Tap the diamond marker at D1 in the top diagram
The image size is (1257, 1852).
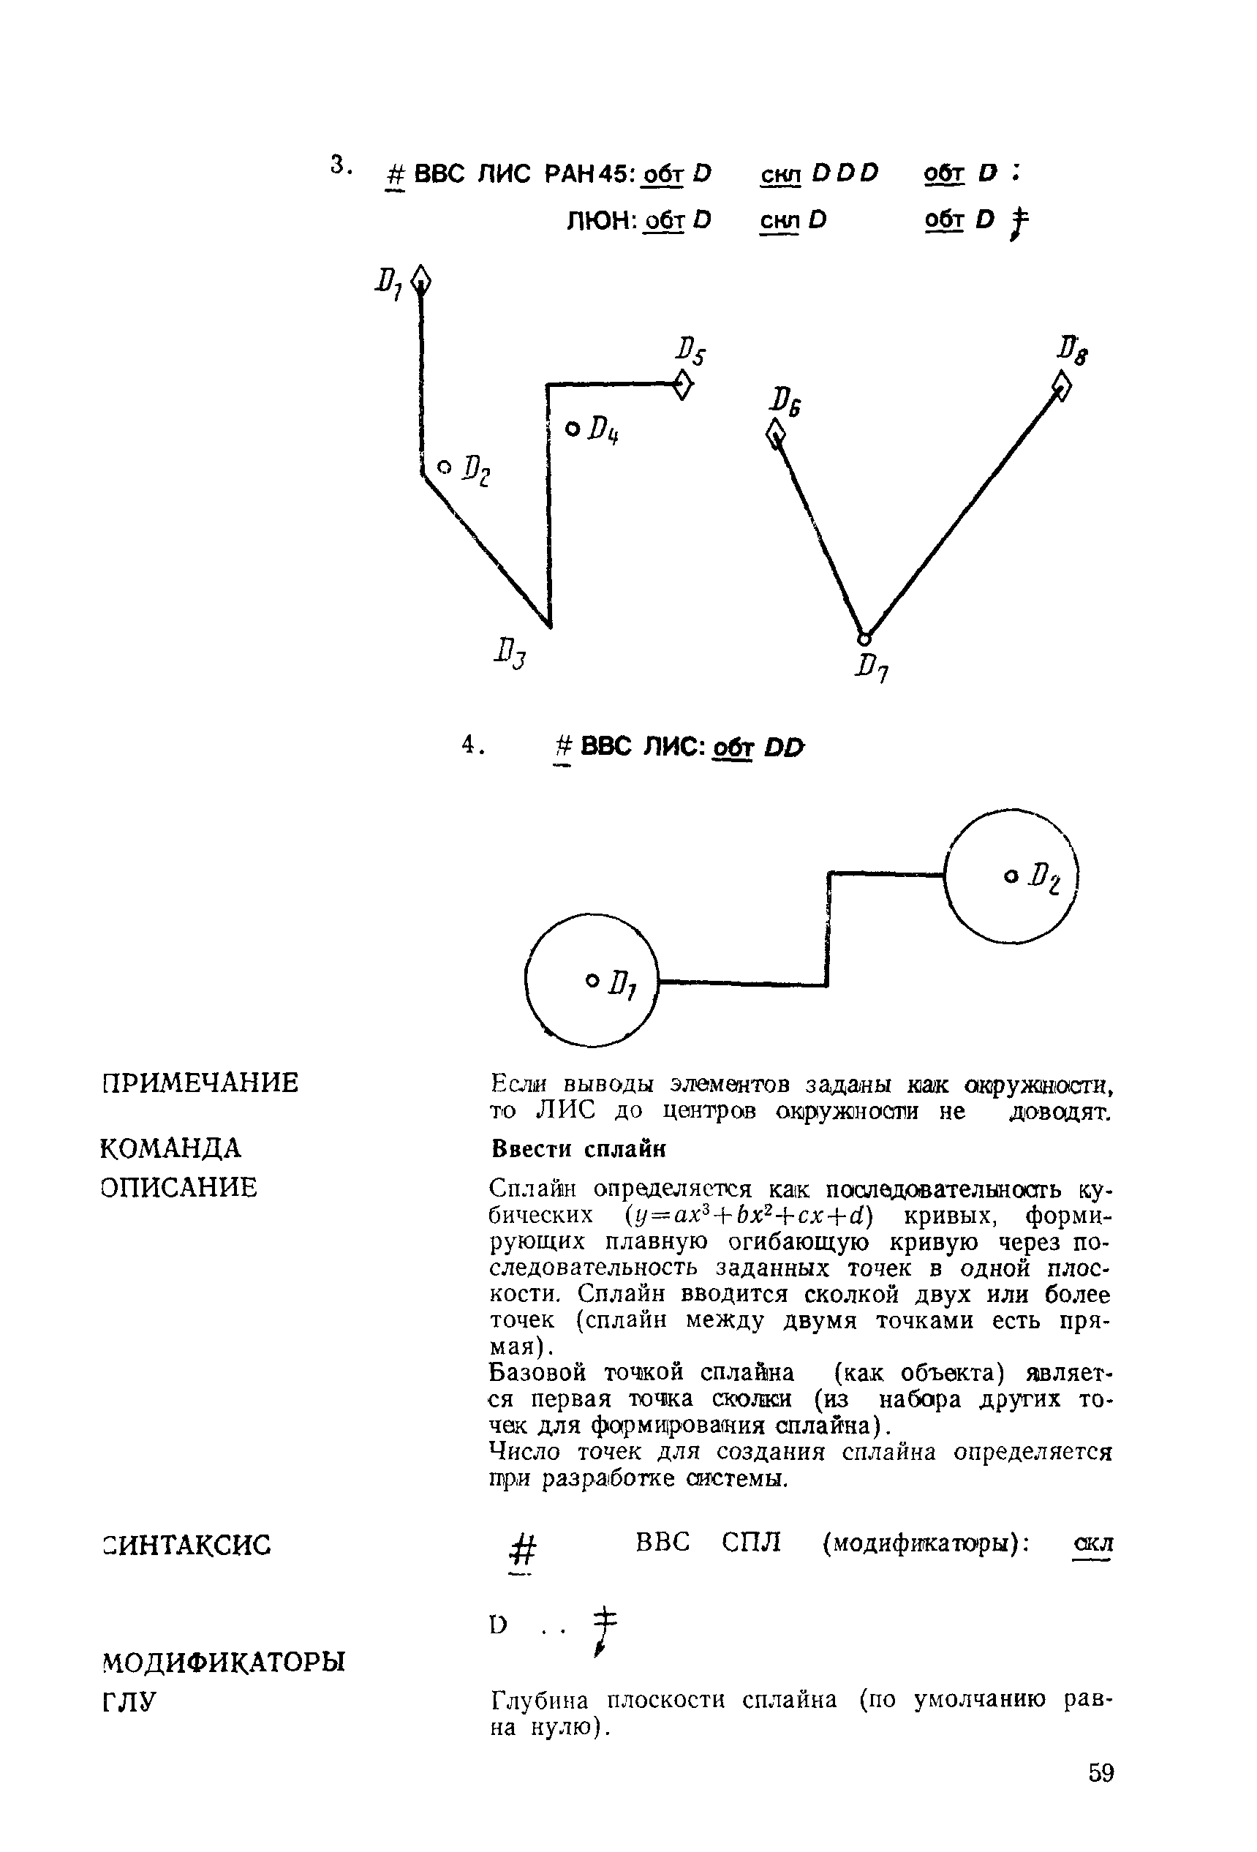coord(421,281)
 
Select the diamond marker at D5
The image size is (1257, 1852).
coord(683,385)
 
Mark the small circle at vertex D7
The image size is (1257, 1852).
coord(864,638)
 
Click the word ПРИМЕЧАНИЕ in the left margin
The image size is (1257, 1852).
coord(201,1083)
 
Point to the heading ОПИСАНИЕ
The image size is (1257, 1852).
coord(179,1187)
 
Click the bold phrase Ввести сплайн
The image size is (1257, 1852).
coord(578,1149)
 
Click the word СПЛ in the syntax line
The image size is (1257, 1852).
coord(751,1543)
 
